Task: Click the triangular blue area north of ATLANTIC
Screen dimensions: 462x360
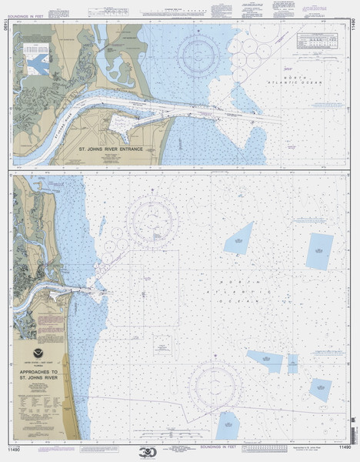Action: click(238, 239)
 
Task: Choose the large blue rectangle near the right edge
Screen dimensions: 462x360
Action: click(318, 250)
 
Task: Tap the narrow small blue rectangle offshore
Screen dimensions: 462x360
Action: click(292, 363)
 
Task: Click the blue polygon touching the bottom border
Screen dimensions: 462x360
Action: click(228, 425)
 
